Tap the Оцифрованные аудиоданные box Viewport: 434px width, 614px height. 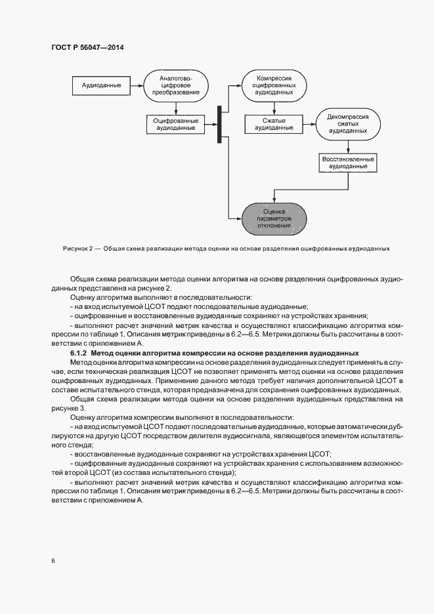pyautogui.click(x=175, y=123)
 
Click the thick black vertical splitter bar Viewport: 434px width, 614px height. pyautogui.click(x=219, y=123)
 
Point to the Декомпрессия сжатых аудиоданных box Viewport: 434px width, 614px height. pyautogui.click(x=347, y=123)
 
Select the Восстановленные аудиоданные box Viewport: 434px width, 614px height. pyautogui.click(x=347, y=162)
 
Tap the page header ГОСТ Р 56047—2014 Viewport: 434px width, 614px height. pyautogui.click(x=87, y=47)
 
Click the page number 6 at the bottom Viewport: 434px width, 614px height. pyautogui.click(x=53, y=561)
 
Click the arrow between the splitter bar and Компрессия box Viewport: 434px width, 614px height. pyautogui.click(x=231, y=86)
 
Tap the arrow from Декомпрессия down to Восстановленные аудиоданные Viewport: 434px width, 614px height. pyautogui.click(x=347, y=147)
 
